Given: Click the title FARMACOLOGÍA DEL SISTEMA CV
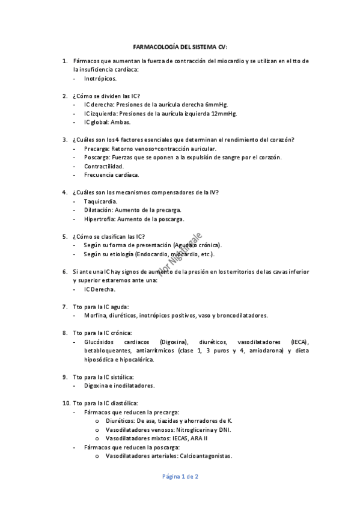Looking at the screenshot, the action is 180,47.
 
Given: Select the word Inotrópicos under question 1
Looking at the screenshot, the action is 100,78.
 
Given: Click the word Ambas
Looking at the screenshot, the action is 121,122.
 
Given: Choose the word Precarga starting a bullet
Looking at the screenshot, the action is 96,149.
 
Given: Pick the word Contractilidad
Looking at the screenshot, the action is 104,166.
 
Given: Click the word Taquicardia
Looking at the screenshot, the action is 101,201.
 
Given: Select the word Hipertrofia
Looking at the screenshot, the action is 100,219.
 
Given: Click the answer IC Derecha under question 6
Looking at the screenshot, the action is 100,289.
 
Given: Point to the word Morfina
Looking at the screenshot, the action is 95,315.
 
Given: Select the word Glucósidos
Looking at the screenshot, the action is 100,342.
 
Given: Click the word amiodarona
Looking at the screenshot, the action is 264,351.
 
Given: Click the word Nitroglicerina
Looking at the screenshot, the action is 197,430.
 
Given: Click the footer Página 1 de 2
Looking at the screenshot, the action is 180,476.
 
